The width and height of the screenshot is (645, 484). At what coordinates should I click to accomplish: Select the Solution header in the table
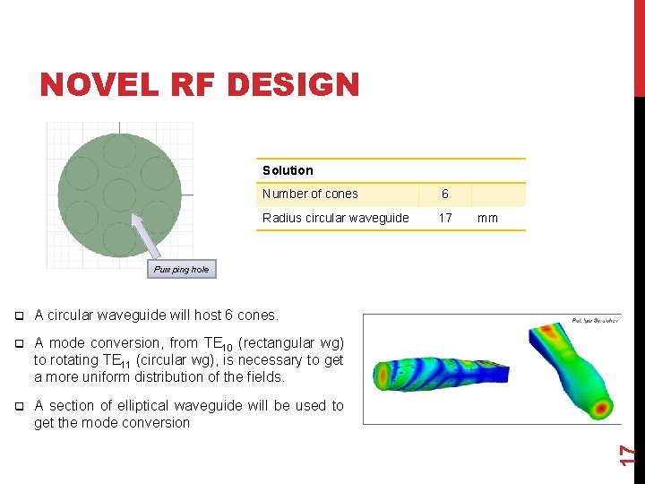click(x=288, y=170)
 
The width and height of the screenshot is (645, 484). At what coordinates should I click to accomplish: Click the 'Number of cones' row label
click(x=310, y=194)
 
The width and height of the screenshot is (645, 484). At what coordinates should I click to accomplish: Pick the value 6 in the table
click(x=445, y=194)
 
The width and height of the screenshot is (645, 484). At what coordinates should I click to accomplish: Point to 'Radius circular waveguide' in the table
click(x=335, y=218)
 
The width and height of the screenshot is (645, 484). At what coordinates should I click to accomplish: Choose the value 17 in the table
click(x=445, y=218)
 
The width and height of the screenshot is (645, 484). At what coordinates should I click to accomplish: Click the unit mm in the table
click(x=487, y=218)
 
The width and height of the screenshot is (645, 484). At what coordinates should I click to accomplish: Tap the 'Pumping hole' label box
click(x=181, y=269)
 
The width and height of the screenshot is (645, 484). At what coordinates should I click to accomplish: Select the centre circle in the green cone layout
click(x=118, y=194)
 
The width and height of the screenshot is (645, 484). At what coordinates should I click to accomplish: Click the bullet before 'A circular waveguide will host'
click(x=19, y=315)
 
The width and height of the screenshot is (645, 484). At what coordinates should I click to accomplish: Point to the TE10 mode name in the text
click(x=215, y=343)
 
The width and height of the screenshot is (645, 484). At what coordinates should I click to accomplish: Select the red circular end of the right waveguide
click(x=605, y=406)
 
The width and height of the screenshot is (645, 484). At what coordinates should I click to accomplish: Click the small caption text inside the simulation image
click(x=593, y=320)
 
